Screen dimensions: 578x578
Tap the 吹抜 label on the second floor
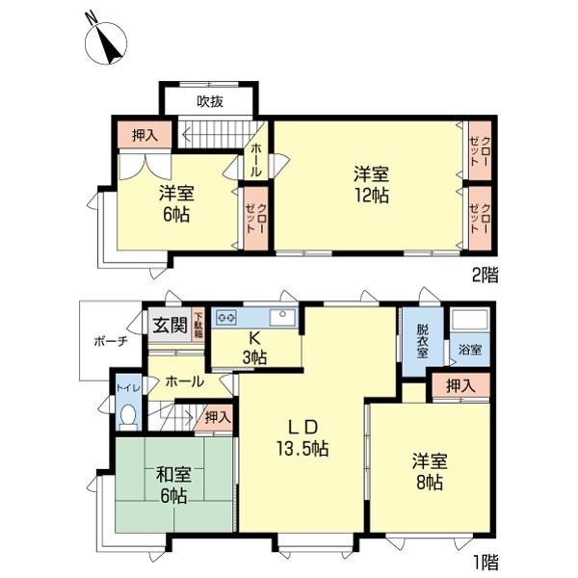coord(210,101)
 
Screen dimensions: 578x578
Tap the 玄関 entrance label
coord(170,325)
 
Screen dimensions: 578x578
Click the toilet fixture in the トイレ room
coord(128,417)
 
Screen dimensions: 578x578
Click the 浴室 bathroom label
coord(469,350)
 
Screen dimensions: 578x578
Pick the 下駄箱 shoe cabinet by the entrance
coord(197,325)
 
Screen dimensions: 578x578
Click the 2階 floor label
coord(485,275)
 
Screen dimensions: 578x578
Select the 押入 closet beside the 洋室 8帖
coord(460,385)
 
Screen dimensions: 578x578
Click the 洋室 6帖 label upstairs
coord(174,203)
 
